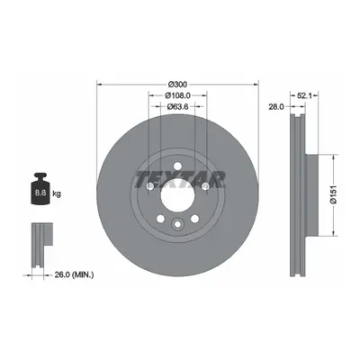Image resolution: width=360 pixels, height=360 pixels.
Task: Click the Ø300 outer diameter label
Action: click(177, 84)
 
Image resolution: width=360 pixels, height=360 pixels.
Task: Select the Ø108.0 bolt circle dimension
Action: click(178, 95)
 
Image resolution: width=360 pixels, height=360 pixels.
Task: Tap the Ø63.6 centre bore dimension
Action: click(177, 106)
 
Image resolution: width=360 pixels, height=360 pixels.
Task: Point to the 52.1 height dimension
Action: click(305, 95)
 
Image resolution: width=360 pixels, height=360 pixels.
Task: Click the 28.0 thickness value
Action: click(276, 106)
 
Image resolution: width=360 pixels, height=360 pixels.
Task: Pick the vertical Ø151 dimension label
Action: click(334, 195)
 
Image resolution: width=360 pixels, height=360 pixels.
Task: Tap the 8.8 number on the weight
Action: click(40, 193)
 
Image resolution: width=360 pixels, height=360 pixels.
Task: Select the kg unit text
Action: click(57, 193)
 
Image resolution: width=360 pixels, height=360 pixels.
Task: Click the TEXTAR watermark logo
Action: click(180, 180)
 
